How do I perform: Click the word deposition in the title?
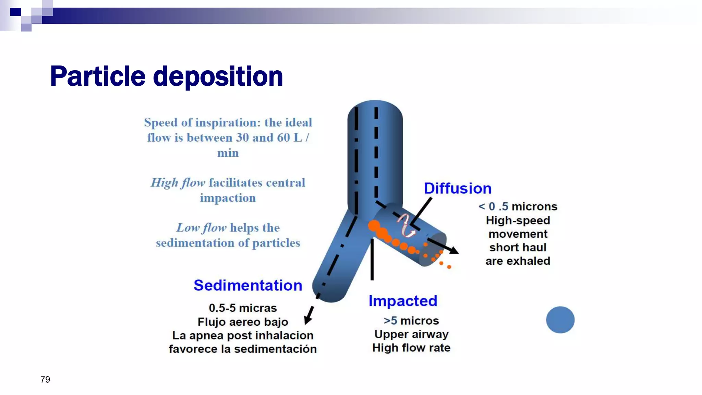click(218, 76)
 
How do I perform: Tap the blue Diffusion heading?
click(458, 188)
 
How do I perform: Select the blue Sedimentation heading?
click(248, 285)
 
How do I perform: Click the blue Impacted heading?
click(403, 301)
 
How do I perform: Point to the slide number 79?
click(45, 380)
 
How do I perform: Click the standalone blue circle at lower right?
click(560, 320)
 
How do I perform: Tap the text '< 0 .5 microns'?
click(518, 206)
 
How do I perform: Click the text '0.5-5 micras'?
click(243, 308)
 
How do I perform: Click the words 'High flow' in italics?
click(178, 183)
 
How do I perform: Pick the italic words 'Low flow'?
click(201, 228)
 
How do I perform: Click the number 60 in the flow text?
click(283, 137)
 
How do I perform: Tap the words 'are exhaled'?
click(518, 261)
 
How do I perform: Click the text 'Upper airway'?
click(411, 334)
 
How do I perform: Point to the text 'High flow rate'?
click(411, 348)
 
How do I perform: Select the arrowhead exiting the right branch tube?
click(454, 250)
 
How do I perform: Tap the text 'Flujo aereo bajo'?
click(243, 322)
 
